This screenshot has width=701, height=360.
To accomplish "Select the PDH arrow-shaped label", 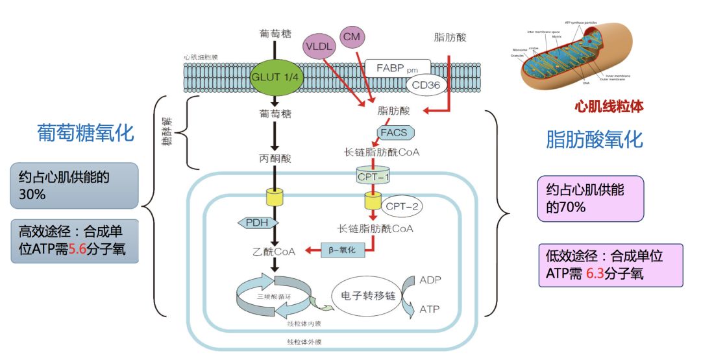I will (x=254, y=222).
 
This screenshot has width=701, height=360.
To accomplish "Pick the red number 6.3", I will (x=595, y=274).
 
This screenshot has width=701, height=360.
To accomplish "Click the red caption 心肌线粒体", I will (x=608, y=106).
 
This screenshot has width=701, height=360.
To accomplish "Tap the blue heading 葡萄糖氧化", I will (x=85, y=133).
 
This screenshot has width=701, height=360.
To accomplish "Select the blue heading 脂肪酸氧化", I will (x=594, y=139).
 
